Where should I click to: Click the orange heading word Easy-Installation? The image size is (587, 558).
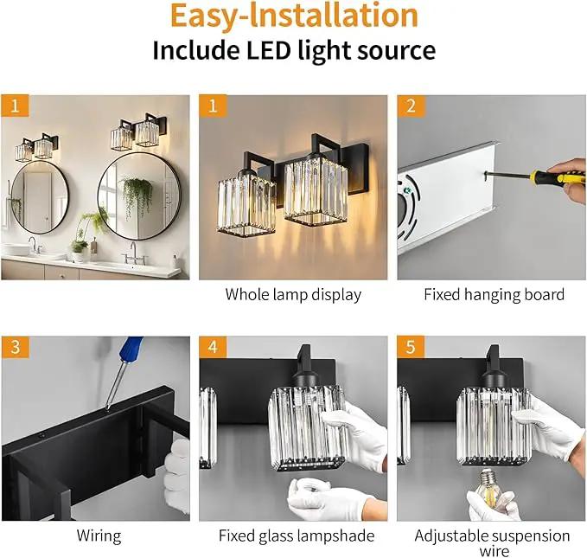294,16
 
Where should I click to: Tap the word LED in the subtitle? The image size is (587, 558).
268,50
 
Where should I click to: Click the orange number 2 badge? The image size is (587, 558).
411,106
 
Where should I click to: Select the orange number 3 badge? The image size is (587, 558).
16,347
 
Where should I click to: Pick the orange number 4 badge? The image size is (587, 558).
213,347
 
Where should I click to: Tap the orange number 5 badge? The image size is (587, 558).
411,347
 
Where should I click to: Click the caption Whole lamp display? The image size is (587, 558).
293,294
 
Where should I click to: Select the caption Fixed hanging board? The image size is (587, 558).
494,294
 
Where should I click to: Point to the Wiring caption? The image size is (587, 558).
99,536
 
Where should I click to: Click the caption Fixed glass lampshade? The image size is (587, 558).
297,536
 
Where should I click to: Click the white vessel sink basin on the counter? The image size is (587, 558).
16,249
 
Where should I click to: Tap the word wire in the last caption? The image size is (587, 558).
494,551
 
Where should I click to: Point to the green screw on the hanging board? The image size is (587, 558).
407,190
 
